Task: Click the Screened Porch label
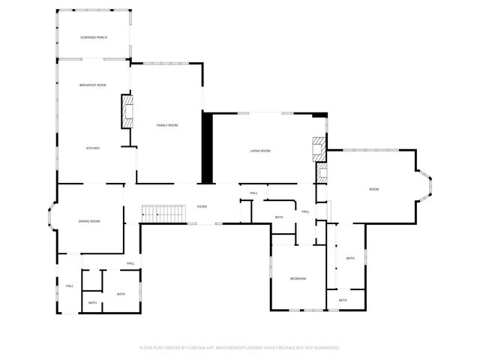(94, 37)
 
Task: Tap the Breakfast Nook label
(93, 85)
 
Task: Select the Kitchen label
(93, 148)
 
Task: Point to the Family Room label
(167, 124)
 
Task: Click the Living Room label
(260, 151)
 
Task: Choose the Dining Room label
(89, 221)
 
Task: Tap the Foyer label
(202, 206)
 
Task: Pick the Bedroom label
(298, 279)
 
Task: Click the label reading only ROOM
(373, 189)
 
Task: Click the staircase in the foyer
(163, 213)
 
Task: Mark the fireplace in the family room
(127, 110)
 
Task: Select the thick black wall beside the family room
(208, 147)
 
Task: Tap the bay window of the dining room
(50, 218)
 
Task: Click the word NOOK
(101, 85)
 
